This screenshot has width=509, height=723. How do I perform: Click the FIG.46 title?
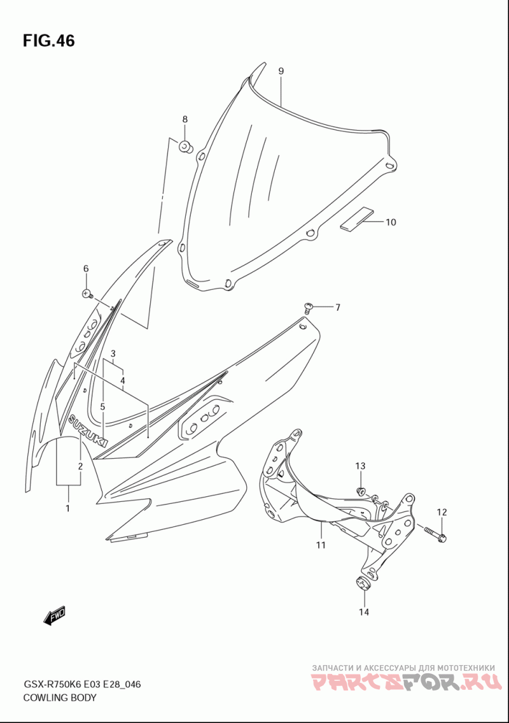click(x=48, y=41)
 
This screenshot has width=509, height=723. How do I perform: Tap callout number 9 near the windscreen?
click(x=281, y=71)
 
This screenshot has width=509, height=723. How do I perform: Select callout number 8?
click(x=185, y=119)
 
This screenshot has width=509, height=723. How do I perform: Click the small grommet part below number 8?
click(x=186, y=147)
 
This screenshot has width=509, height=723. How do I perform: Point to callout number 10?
click(x=391, y=222)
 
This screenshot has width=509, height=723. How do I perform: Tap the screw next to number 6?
click(x=88, y=293)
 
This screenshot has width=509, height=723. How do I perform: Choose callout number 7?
click(x=338, y=307)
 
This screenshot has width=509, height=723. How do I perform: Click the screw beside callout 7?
click(x=309, y=306)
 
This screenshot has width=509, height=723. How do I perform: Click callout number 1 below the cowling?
click(x=68, y=508)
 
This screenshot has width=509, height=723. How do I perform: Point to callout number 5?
click(x=102, y=406)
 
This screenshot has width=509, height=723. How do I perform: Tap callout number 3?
click(x=113, y=354)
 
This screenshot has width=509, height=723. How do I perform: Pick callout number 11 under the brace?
click(x=321, y=545)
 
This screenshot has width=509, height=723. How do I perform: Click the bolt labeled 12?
click(x=435, y=533)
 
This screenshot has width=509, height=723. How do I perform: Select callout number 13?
click(x=360, y=466)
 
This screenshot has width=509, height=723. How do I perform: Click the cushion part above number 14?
click(x=363, y=583)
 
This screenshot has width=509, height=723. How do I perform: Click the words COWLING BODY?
click(x=60, y=697)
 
